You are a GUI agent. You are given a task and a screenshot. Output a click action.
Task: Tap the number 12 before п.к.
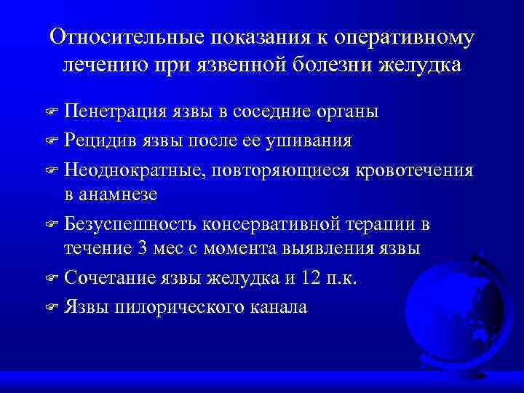[321, 278]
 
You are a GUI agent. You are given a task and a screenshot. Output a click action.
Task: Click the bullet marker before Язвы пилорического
[52, 307]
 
